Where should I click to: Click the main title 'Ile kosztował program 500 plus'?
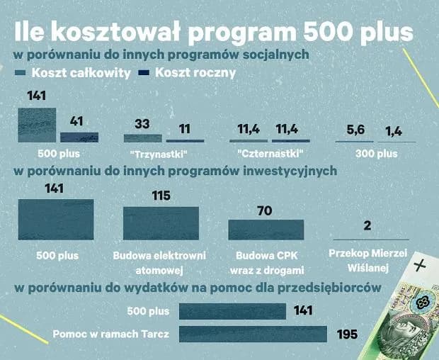point(213,33)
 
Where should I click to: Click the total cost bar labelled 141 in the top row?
point(37,125)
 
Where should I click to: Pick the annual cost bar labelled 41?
point(79,137)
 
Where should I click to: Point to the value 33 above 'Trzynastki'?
point(142,124)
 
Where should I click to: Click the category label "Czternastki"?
point(268,153)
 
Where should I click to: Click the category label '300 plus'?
point(375,153)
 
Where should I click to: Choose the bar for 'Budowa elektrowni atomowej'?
point(161,223)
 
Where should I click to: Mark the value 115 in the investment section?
point(161,196)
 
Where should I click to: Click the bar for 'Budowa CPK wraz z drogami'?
point(266,230)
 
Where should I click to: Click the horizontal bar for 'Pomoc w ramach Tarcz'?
point(253,334)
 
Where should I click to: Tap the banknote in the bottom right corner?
point(414,309)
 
